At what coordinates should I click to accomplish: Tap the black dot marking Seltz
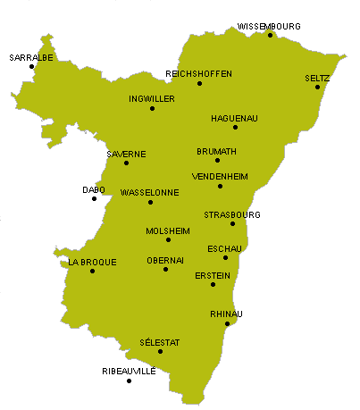317,87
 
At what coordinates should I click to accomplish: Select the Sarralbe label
31,57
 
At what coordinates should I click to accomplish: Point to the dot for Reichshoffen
199,84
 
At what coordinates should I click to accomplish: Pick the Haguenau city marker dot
236,128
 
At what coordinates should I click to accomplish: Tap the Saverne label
126,154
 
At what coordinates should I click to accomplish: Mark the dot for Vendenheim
220,186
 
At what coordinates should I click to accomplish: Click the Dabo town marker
94,198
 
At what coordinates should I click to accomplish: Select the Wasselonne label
149,192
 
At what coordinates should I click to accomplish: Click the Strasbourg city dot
232,223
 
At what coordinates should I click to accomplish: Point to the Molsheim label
168,230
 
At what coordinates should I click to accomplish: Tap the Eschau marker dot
225,258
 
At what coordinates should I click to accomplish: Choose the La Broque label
92,263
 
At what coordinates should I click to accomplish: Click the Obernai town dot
165,269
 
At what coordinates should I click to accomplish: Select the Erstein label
213,275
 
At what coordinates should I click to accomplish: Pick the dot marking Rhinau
227,323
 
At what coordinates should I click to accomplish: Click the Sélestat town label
160,342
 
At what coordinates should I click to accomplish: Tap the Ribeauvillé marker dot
130,381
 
